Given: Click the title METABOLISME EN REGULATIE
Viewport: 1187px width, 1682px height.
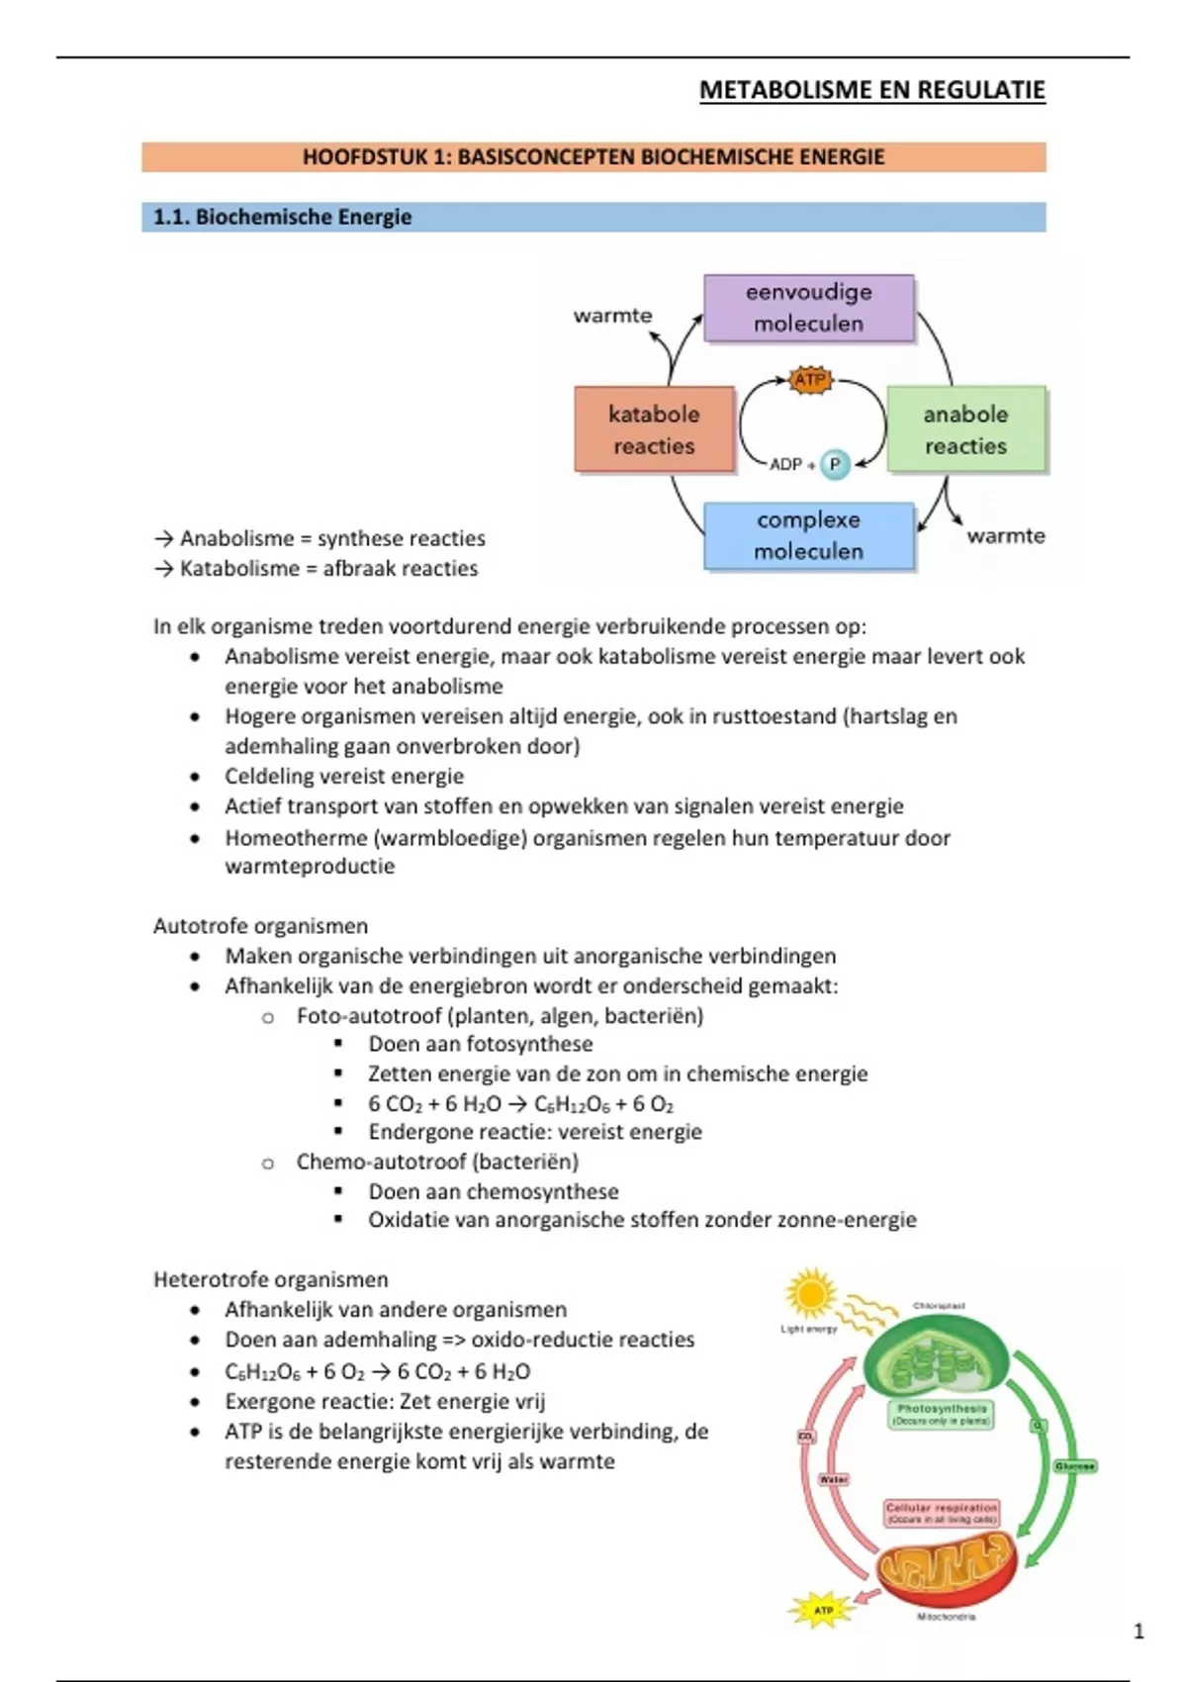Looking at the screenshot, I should tap(871, 90).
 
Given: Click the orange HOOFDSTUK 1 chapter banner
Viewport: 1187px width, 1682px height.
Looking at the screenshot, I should tap(593, 157).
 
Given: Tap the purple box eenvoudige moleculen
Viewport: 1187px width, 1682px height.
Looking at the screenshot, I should tap(808, 308).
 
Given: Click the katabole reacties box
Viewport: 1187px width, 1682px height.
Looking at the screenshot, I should tap(654, 429).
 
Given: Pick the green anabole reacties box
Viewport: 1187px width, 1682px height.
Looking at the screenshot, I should tap(965, 429).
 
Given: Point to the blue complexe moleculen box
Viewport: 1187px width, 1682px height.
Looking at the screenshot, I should tap(808, 535).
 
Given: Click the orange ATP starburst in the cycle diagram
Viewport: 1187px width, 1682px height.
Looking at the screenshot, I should tap(809, 379).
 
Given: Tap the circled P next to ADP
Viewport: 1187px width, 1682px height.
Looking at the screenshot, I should tap(835, 463).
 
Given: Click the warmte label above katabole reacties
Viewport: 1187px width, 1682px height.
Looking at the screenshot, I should tap(612, 316).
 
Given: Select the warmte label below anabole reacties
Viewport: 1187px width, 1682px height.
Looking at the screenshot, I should tap(1005, 535).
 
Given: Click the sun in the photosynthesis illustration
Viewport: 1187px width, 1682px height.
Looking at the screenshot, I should tap(810, 1293).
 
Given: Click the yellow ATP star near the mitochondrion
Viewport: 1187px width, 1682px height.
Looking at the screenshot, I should tap(823, 1610).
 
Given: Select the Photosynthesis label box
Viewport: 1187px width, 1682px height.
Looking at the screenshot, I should tap(942, 1414).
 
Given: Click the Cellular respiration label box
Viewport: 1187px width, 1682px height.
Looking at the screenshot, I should tap(942, 1513).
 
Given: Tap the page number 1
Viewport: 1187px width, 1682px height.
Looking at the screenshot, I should tap(1139, 1632).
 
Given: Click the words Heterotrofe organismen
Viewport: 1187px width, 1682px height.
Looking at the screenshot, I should tap(270, 1279).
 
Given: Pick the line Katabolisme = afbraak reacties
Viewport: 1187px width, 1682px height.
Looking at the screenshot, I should tap(317, 568).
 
